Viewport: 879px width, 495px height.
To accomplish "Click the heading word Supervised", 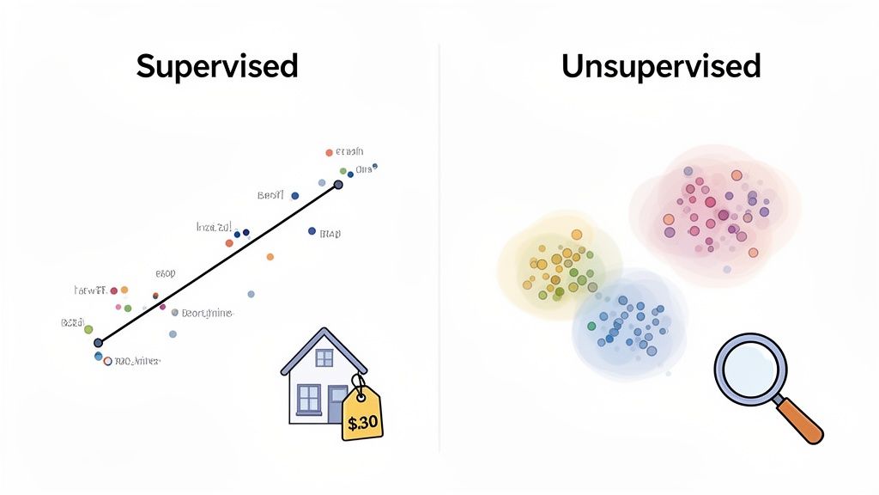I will click(217, 66).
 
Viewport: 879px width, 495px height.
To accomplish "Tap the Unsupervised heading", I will click(661, 66).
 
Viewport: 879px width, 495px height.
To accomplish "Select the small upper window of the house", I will click(324, 357).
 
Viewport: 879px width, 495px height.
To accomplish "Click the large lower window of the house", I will click(308, 397).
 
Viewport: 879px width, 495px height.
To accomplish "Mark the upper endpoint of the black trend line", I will click(338, 185).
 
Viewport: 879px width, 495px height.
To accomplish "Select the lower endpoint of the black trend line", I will click(98, 343).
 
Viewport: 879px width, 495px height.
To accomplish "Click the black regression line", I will click(218, 264).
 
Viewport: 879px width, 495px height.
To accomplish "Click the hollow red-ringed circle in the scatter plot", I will click(108, 362).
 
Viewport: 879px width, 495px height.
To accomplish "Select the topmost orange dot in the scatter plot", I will click(328, 152).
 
